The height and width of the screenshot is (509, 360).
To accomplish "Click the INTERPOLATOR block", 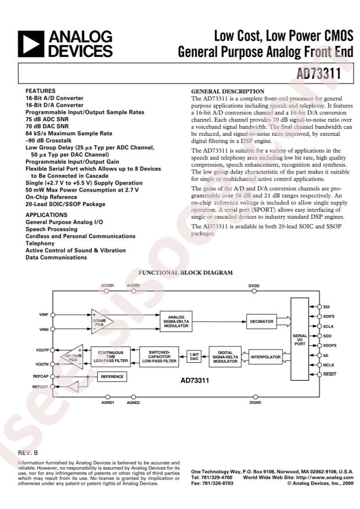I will click(x=265, y=356).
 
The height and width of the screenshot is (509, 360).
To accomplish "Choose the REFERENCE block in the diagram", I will click(x=112, y=377).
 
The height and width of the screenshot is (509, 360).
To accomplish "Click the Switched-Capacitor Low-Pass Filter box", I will click(x=159, y=356).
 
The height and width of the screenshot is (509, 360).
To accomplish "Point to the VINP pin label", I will click(x=44, y=315).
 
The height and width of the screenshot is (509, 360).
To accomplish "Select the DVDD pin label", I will click(x=254, y=286).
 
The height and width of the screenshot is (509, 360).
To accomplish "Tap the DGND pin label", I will click(x=254, y=402).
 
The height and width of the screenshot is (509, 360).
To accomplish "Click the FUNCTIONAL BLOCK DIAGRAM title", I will click(x=178, y=272).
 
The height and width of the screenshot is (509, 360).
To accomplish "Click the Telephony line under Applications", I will click(x=39, y=244).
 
